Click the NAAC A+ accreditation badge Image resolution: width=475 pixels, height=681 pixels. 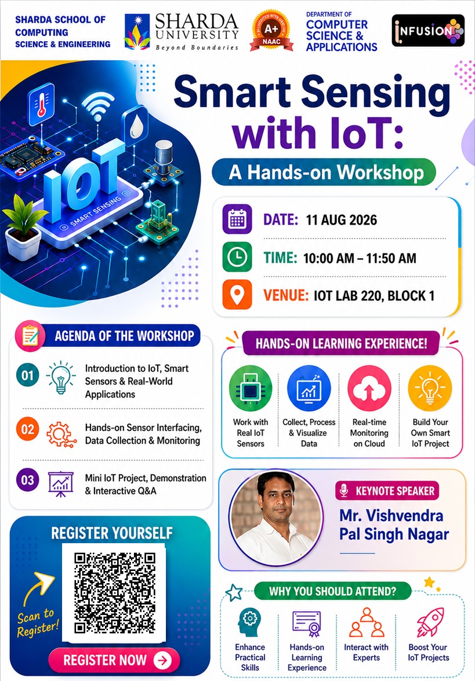(x=271, y=31)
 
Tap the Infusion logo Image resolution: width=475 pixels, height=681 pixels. (x=429, y=30)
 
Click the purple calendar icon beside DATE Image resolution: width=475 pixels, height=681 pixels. (x=237, y=219)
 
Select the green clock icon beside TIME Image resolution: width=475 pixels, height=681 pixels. (x=237, y=257)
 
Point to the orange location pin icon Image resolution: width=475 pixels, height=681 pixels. (x=237, y=294)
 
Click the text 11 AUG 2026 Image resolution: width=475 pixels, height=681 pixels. (x=342, y=220)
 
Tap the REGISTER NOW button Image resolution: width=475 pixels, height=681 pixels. (x=114, y=660)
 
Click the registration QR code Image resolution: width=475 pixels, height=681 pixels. (x=114, y=592)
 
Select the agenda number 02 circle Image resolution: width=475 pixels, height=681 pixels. (x=27, y=429)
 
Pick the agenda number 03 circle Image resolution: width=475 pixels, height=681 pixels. (x=27, y=480)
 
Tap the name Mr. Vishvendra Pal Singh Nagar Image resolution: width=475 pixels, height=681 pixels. (x=394, y=525)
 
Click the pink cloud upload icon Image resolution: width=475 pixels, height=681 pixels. (x=369, y=388)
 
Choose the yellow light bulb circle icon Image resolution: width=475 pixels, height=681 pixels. (x=430, y=388)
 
